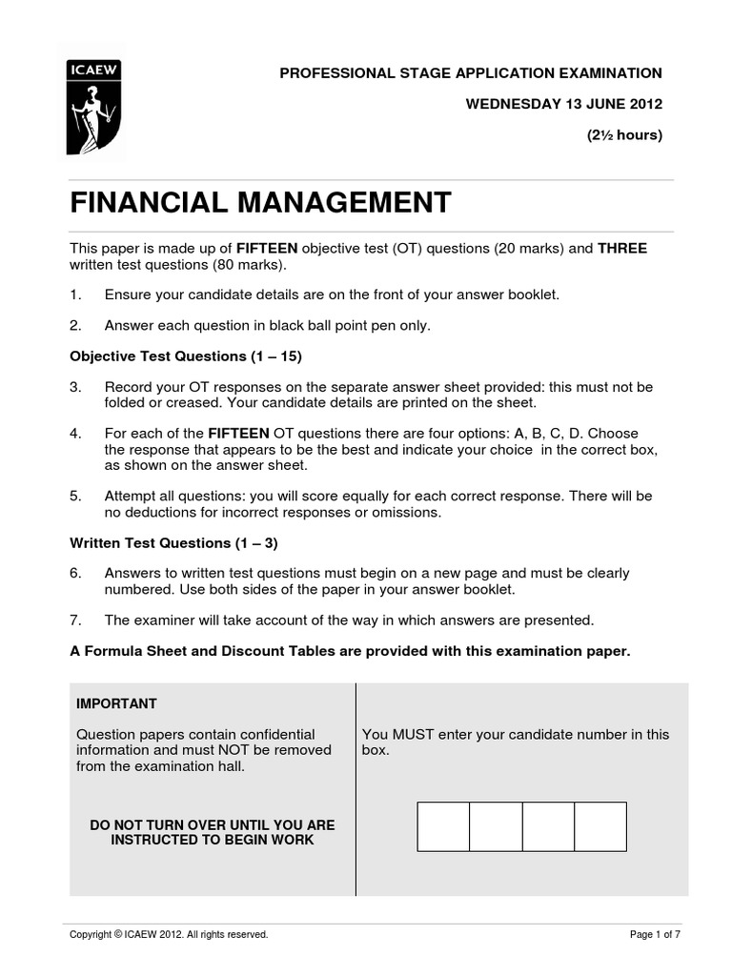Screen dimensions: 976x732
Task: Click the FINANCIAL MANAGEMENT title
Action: tap(259, 203)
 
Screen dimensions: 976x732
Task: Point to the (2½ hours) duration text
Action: tap(623, 134)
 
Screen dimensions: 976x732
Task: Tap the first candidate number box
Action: tap(443, 826)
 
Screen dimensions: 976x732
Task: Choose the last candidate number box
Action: tap(600, 826)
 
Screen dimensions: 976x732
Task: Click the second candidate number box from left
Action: tap(496, 826)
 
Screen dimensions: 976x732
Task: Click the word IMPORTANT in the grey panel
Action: tap(116, 703)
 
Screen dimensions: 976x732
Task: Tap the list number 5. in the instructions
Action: tap(75, 497)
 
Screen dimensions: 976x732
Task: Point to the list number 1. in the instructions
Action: tap(75, 295)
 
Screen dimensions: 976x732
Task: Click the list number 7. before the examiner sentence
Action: tap(75, 620)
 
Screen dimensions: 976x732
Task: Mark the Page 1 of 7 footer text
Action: tap(655, 935)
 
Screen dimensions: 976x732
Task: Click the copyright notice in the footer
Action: tap(169, 935)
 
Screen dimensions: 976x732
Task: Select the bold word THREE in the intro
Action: tap(622, 249)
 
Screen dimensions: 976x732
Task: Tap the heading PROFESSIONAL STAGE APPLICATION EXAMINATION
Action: tap(470, 73)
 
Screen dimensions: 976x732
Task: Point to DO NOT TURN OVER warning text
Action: tap(213, 832)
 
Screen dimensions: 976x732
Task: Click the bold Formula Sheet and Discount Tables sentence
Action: tap(350, 651)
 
